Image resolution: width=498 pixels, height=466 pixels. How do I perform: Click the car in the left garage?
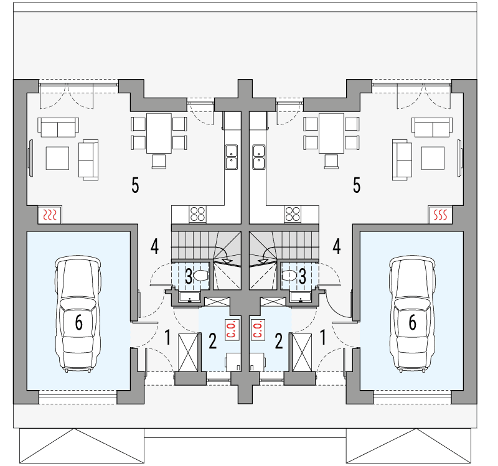(78, 314)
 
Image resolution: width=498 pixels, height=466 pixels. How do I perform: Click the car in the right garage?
(412, 314)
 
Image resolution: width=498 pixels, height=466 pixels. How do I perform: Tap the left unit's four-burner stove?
(197, 213)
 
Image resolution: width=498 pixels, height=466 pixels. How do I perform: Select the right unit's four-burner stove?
(293, 213)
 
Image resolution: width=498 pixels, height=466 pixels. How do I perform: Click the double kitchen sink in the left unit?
(231, 157)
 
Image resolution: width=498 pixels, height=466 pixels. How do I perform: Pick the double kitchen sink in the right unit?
(259, 157)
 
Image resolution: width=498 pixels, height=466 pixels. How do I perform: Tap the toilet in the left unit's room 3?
(200, 275)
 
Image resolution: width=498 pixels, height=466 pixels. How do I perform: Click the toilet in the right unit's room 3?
(289, 275)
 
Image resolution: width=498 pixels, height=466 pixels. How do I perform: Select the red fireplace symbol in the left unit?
(50, 215)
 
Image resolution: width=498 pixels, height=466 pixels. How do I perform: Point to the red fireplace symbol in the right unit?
(441, 215)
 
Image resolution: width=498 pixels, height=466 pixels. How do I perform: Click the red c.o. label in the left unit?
(232, 330)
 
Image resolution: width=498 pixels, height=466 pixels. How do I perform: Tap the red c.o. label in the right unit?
(258, 330)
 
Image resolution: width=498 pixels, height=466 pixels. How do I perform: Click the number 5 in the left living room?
(135, 185)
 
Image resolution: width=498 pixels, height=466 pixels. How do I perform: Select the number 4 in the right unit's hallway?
(336, 246)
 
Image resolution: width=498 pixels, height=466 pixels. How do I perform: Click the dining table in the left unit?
(159, 133)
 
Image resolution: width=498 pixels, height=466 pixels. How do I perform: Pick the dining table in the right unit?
(331, 133)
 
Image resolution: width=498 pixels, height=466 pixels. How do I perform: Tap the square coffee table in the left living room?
(57, 158)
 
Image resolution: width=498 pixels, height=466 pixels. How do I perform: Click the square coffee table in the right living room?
(433, 158)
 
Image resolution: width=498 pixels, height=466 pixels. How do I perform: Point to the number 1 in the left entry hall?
(167, 337)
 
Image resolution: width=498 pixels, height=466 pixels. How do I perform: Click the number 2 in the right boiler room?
(278, 341)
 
